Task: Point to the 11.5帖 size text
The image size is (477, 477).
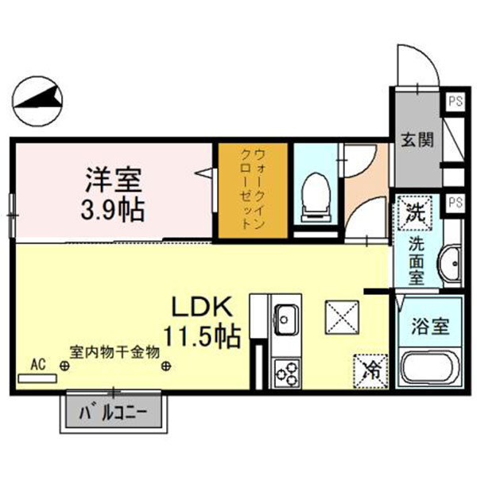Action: click(203, 335)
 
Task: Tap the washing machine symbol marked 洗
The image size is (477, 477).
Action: click(413, 211)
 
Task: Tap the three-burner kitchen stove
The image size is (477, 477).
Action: click(286, 371)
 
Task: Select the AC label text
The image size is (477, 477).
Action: click(37, 363)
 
